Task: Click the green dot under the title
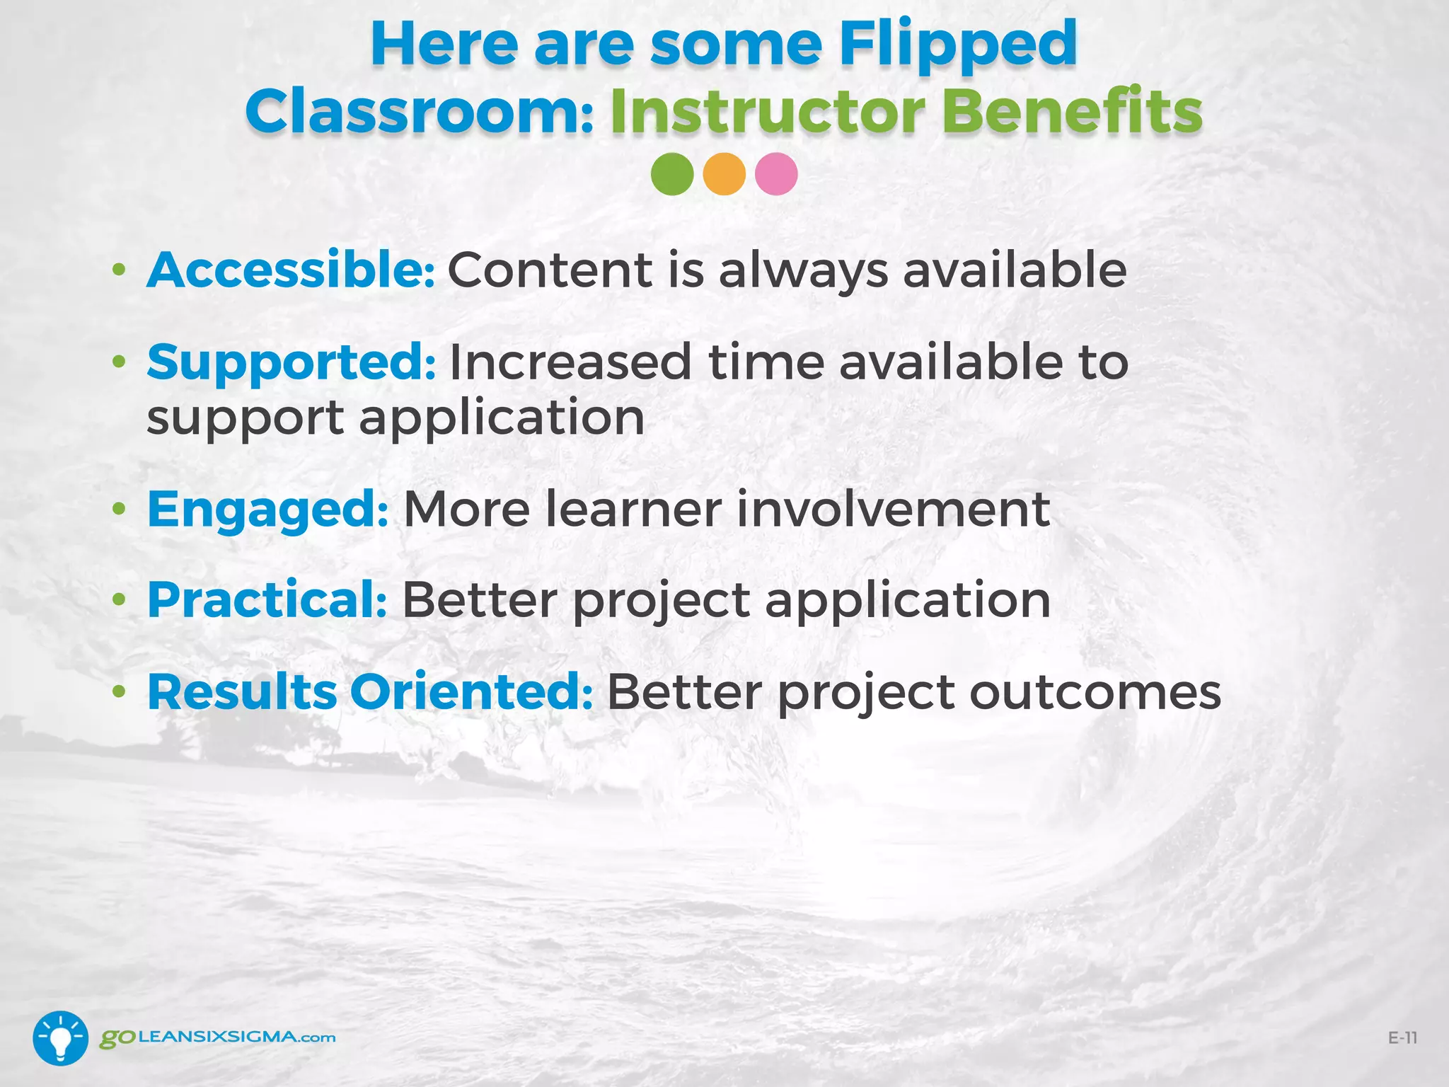coord(671,174)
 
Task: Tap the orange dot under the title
coord(724,174)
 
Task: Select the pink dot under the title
coord(776,174)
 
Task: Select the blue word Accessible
coord(290,270)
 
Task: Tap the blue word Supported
coord(290,362)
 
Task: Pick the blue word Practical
coord(266,600)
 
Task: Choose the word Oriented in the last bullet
coord(471,691)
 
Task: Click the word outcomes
coord(1095,693)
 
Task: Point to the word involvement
coord(892,510)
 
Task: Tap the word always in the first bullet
coord(803,272)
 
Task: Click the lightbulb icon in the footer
coord(61,1037)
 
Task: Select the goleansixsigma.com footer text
coord(217,1037)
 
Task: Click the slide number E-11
coord(1402,1038)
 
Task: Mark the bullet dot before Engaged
coord(119,509)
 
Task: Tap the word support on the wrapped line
coord(244,419)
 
